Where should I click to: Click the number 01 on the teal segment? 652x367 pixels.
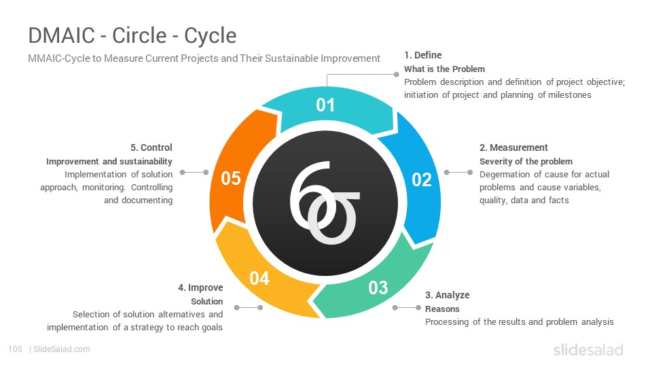(325, 105)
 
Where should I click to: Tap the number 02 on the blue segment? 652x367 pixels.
(421, 179)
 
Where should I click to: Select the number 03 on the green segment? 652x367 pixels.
(378, 287)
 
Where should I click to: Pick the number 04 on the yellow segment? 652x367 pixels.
(259, 279)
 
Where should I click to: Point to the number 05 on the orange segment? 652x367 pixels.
(231, 179)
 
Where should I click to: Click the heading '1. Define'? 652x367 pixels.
(423, 55)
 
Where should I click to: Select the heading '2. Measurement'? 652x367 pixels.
(513, 147)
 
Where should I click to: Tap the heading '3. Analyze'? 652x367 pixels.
(447, 295)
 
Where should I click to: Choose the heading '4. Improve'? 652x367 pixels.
(200, 287)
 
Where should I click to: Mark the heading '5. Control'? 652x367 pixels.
(151, 147)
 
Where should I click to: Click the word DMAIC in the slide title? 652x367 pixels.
(62, 35)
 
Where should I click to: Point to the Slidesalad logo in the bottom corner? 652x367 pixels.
(588, 350)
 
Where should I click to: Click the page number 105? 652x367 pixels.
(16, 349)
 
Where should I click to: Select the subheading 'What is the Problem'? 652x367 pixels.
(444, 69)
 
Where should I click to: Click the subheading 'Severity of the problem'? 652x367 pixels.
(526, 162)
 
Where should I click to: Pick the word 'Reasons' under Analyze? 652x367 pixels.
(442, 309)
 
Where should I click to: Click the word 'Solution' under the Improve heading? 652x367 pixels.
(206, 301)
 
